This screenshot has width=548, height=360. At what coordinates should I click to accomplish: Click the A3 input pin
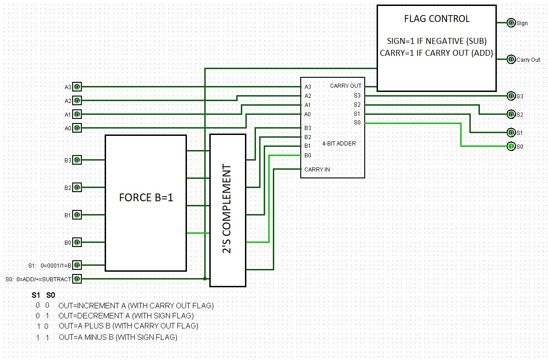[77, 87]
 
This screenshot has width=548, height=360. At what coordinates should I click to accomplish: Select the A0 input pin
[77, 128]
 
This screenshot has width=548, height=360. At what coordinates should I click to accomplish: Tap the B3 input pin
[77, 160]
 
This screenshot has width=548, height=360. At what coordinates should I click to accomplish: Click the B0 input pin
[77, 242]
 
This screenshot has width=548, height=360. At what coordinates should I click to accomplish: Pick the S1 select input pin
[77, 265]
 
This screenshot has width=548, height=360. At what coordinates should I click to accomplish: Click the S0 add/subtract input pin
[77, 279]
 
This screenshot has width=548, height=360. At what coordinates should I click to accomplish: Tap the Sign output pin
[511, 23]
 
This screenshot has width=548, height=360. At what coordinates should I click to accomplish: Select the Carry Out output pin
[511, 59]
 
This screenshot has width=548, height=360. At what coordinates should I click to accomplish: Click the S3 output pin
[511, 96]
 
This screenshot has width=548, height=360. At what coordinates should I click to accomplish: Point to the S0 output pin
[511, 146]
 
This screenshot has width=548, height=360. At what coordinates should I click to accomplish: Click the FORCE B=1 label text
[146, 198]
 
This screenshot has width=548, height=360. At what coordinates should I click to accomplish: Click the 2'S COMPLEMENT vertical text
[228, 210]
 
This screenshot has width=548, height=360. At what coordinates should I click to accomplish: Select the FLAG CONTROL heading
[436, 19]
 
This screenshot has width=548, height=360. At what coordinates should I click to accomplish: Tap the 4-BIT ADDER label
[339, 144]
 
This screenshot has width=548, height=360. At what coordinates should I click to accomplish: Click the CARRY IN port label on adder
[317, 170]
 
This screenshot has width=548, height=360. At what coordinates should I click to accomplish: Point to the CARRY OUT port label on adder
[346, 86]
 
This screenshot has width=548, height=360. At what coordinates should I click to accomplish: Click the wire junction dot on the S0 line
[205, 279]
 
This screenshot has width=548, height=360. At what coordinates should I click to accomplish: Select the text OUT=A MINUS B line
[118, 338]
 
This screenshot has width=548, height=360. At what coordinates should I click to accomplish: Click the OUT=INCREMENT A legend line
[136, 306]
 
